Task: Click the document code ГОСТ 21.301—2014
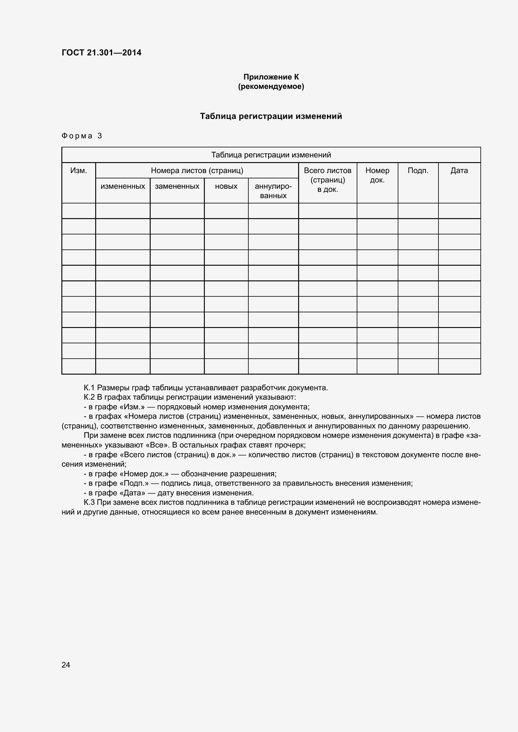(x=101, y=53)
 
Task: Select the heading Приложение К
(x=271, y=77)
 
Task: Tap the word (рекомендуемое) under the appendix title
(x=271, y=86)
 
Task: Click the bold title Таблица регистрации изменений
(x=271, y=116)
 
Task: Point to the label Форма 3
(x=82, y=136)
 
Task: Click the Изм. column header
(x=79, y=171)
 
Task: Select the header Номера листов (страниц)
(x=197, y=171)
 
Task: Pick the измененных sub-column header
(x=123, y=186)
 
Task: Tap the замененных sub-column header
(x=177, y=186)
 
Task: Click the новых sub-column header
(x=226, y=186)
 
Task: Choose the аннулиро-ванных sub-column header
(x=273, y=191)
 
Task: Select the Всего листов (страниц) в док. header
(x=328, y=180)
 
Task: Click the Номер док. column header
(x=377, y=175)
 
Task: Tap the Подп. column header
(x=418, y=171)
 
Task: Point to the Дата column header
(x=459, y=171)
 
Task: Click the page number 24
(x=66, y=665)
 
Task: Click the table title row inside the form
(x=271, y=155)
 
